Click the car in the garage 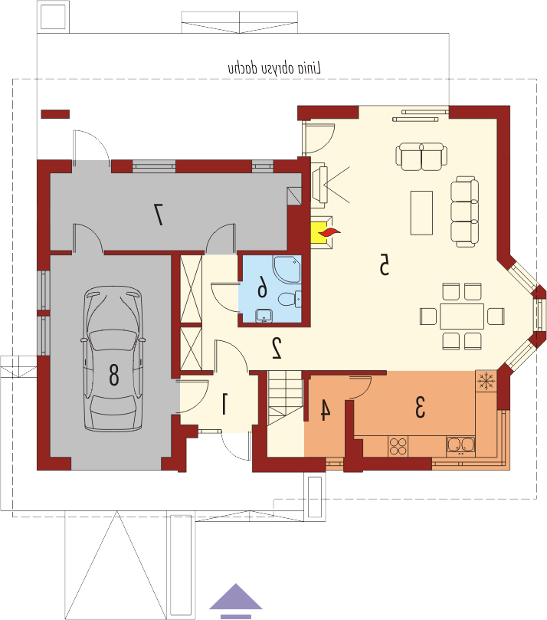(x=113, y=359)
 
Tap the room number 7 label (x=158, y=215)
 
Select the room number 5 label (x=384, y=264)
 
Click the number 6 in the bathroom (x=262, y=287)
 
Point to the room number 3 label (x=420, y=407)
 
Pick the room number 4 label (x=325, y=409)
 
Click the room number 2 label (x=277, y=348)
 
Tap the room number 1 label (x=224, y=403)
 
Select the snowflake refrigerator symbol (x=486, y=381)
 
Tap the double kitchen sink (x=461, y=444)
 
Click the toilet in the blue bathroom (x=290, y=299)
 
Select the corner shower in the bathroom (x=287, y=269)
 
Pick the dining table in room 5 (x=462, y=317)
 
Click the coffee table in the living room (x=421, y=213)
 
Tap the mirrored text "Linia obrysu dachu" (x=274, y=68)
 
